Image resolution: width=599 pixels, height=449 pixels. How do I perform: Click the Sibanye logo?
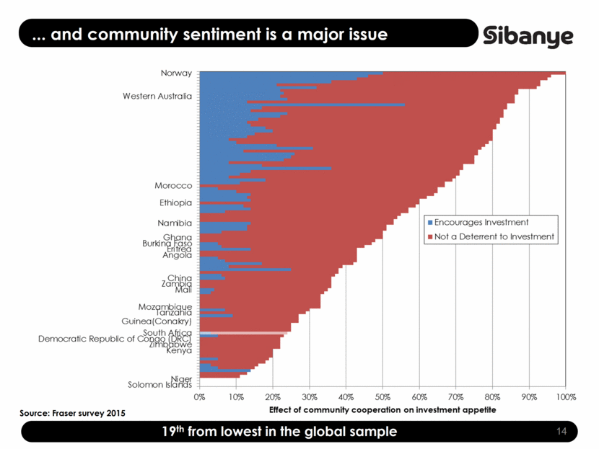coord(528,36)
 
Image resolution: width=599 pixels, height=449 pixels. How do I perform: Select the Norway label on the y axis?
coord(176,73)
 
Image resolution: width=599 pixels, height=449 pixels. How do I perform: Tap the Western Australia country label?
coord(157,96)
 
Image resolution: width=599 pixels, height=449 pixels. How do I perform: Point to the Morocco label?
coord(173,186)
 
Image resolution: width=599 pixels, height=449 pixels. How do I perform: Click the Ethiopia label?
coord(175,203)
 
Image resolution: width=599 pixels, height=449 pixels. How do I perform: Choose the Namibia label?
coord(175,223)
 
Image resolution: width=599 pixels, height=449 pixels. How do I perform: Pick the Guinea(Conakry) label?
coord(157,321)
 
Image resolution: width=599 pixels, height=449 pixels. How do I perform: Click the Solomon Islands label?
coord(159,384)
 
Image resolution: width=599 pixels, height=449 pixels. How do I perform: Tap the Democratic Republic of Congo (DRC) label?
coord(115,339)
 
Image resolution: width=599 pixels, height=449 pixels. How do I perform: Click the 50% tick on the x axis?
coord(382,396)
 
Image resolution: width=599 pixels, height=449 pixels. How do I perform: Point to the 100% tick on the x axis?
coord(566,396)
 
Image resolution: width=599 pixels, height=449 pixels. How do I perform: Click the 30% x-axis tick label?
coord(309,396)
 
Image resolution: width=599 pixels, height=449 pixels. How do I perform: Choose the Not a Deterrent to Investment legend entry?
coord(494,236)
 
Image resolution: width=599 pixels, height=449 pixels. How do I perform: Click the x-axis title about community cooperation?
coord(382,409)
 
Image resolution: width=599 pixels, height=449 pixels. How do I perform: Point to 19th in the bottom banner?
coord(175,432)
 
